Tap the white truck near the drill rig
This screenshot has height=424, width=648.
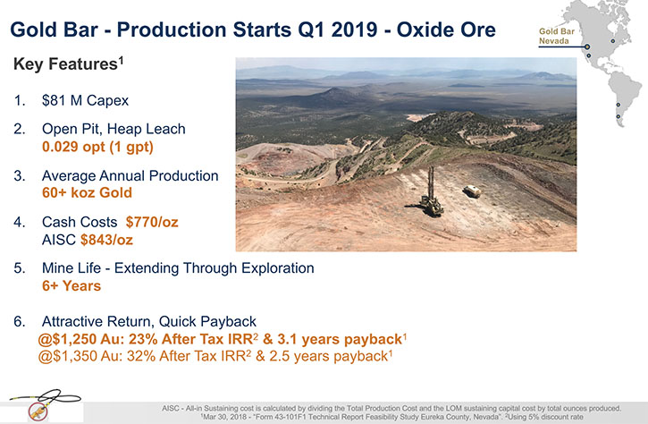click(x=472, y=191)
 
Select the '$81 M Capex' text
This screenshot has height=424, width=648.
click(x=85, y=100)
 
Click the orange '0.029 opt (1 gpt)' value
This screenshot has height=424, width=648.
click(x=97, y=147)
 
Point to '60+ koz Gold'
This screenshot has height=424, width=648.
click(x=87, y=192)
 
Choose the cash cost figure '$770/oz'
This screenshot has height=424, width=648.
click(x=152, y=222)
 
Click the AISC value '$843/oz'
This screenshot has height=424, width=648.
click(x=106, y=240)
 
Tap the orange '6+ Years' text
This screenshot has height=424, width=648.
click(x=72, y=286)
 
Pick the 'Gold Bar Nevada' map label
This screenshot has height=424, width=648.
click(x=557, y=36)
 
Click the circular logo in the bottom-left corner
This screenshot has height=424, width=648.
click(x=38, y=411)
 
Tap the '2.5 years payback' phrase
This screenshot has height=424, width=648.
click(x=329, y=357)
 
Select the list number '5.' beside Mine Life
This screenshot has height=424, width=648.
click(x=20, y=268)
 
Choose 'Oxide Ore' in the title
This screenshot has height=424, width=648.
click(x=446, y=30)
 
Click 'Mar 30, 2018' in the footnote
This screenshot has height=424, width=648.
click(x=223, y=417)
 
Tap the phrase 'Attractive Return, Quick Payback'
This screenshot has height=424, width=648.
click(x=148, y=321)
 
